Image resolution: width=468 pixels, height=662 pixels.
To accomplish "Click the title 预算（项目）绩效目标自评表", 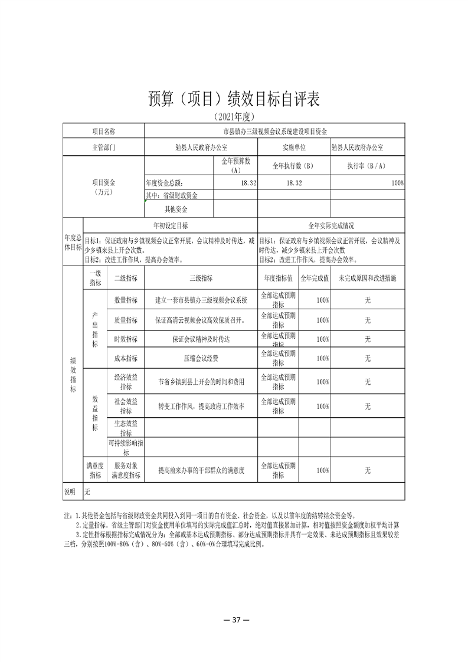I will click(234, 99).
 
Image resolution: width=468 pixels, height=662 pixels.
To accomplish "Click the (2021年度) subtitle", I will click(234, 116).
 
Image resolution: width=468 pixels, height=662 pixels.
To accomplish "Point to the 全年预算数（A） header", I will click(235, 165).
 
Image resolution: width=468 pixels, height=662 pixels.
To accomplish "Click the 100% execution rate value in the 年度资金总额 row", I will click(397, 183).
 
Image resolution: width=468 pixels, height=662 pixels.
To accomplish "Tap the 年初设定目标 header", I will click(171, 225).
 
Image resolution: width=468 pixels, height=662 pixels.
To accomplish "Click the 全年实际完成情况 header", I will click(331, 225).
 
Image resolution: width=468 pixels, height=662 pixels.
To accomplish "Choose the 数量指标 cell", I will click(125, 300).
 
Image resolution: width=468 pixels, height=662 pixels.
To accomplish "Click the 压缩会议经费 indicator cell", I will click(201, 358).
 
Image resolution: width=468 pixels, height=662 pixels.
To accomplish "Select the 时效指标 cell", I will click(125, 339).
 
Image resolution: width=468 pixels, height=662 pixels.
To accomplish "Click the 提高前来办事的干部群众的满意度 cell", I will click(201, 471).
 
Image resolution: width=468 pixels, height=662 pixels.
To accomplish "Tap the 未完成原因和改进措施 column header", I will click(367, 278).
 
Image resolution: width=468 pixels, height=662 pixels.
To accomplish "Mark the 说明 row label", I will click(70, 491).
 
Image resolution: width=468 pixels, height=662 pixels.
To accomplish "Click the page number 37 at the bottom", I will click(234, 620).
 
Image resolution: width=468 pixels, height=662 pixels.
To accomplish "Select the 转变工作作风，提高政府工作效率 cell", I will click(201, 407).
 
